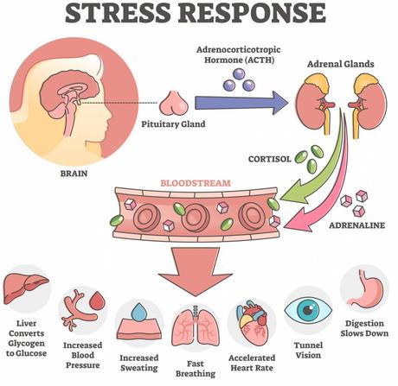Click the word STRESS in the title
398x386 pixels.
pyautogui.click(x=118, y=14)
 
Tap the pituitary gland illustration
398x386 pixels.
pyautogui.click(x=174, y=103)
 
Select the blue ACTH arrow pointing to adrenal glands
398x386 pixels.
pyautogui.click(x=241, y=103)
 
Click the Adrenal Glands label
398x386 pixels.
pyautogui.click(x=340, y=64)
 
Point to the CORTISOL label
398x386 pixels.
pyautogui.click(x=270, y=159)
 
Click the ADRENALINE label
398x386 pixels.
pyautogui.click(x=357, y=225)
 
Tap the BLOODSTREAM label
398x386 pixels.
pyautogui.click(x=196, y=183)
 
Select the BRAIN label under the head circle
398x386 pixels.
pyautogui.click(x=74, y=174)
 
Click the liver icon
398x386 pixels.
pyautogui.click(x=25, y=288)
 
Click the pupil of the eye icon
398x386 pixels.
pyautogui.click(x=308, y=310)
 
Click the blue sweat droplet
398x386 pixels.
pyautogui.click(x=139, y=313)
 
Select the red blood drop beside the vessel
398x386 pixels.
pyautogui.click(x=98, y=301)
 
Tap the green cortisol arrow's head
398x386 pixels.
pyautogui.click(x=292, y=196)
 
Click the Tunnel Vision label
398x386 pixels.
pyautogui.click(x=308, y=350)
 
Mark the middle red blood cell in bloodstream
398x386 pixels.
pyautogui.click(x=195, y=218)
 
